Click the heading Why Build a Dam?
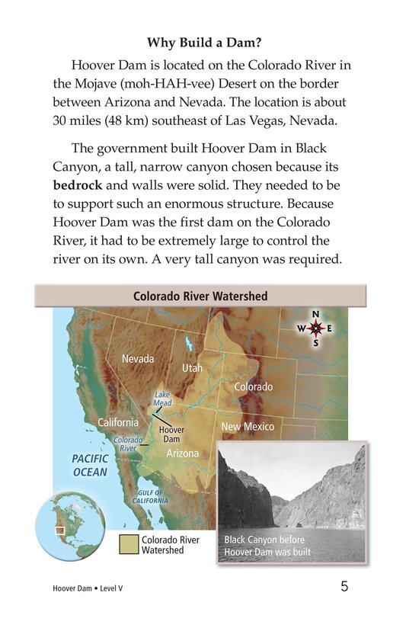click(x=203, y=42)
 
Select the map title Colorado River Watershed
click(x=200, y=296)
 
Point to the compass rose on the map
click(x=316, y=328)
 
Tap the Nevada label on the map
click(x=137, y=358)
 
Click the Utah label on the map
click(x=192, y=367)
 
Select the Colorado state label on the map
click(x=253, y=387)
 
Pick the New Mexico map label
click(x=248, y=427)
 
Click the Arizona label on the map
click(x=182, y=453)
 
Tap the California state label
click(x=118, y=422)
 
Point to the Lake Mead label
click(x=162, y=399)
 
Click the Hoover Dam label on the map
click(x=171, y=434)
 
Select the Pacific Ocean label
click(x=90, y=465)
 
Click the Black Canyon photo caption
click(x=267, y=546)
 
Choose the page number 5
click(x=344, y=587)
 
